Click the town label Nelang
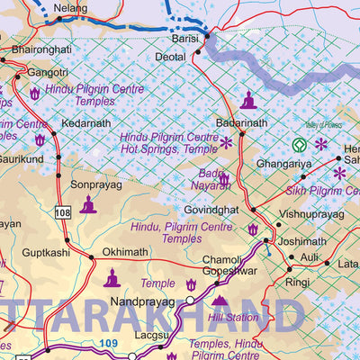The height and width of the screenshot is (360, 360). (71, 8)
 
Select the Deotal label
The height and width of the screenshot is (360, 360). (171, 56)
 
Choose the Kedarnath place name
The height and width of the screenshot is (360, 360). (85, 123)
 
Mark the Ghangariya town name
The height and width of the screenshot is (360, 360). (283, 165)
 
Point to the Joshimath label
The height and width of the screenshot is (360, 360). (301, 242)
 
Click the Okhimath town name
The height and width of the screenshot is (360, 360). (123, 252)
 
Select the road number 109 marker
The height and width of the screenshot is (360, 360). (107, 343)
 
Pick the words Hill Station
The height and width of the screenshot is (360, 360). (232, 318)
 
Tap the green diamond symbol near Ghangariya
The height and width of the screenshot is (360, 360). (300, 143)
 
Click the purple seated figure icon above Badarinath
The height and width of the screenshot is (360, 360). (247, 100)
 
